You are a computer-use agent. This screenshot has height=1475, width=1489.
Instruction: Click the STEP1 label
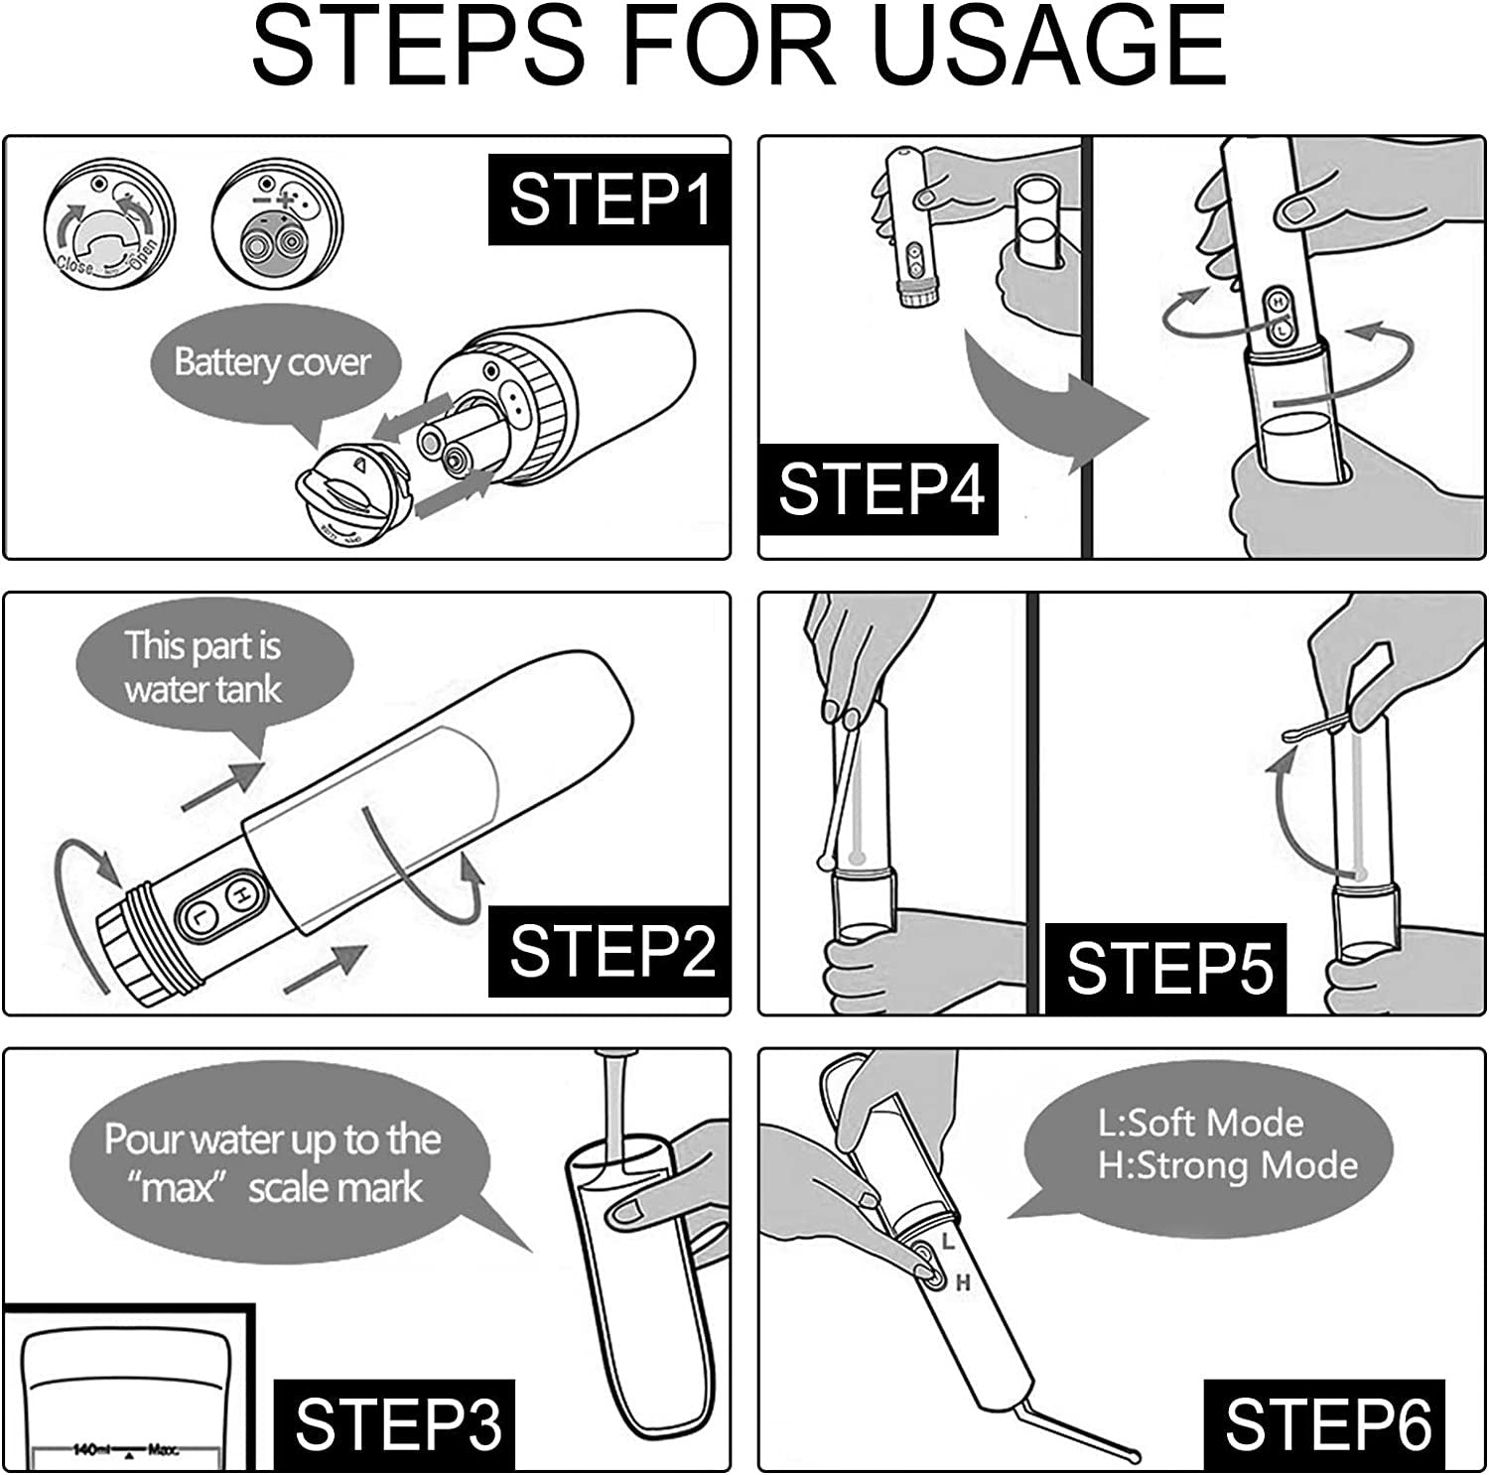pyautogui.click(x=609, y=200)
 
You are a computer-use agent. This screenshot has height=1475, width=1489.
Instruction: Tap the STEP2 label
pyautogui.click(x=609, y=950)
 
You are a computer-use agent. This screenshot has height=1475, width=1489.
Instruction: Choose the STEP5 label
pyautogui.click(x=1168, y=968)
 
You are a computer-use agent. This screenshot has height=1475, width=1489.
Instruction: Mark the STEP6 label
pyautogui.click(x=1327, y=1424)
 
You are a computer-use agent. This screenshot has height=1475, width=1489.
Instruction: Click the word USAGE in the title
pyautogui.click(x=1052, y=46)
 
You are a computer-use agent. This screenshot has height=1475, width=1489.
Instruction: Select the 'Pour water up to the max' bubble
pyautogui.click(x=273, y=1163)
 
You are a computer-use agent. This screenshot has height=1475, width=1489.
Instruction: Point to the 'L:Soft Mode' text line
pyautogui.click(x=1200, y=1123)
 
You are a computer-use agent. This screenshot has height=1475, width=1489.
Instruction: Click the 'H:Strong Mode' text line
pyautogui.click(x=1227, y=1165)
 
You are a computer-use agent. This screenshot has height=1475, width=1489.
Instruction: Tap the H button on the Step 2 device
pyautogui.click(x=239, y=894)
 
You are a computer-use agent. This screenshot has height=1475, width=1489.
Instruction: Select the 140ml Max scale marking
pyautogui.click(x=124, y=1450)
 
